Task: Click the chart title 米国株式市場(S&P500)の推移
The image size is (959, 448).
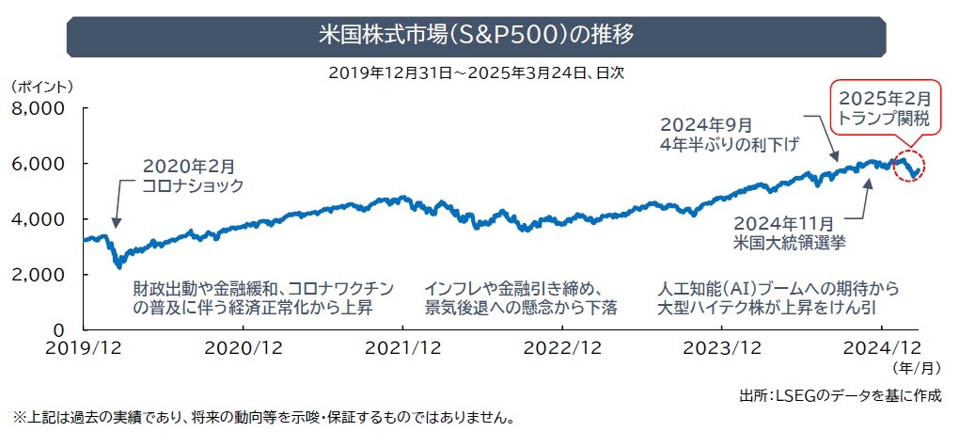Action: (478, 36)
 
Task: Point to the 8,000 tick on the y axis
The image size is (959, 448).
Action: (37, 108)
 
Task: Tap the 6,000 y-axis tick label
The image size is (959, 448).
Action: (37, 164)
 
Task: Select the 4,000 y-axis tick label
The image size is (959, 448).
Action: (37, 219)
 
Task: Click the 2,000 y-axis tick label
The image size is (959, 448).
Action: (37, 275)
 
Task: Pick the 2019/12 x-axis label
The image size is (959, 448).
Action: (84, 347)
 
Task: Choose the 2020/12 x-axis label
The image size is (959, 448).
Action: (244, 347)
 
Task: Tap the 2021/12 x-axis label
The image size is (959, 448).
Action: (403, 347)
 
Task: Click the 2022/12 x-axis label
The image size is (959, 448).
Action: (563, 347)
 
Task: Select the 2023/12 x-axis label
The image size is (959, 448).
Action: (723, 347)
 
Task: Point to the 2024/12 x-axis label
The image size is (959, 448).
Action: (883, 347)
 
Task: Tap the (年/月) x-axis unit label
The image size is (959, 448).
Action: (916, 369)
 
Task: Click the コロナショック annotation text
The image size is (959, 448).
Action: (193, 186)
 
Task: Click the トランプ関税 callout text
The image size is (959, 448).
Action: (884, 120)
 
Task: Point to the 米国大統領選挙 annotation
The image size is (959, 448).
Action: (794, 242)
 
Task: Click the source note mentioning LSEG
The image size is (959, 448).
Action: (840, 394)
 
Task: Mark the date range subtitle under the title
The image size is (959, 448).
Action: (478, 72)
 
